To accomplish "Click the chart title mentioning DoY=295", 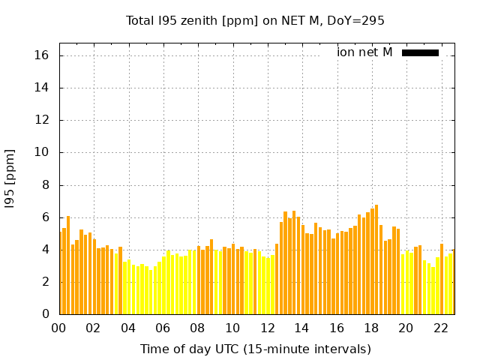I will pos(255,21).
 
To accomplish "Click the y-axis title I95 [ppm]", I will pos(10,178).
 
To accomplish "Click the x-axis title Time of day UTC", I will pos(255,349).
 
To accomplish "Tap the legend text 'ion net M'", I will pos(364,52).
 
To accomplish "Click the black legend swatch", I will pos(420,52).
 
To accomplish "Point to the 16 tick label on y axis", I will pos(42,55).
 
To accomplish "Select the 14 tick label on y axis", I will pos(42,88).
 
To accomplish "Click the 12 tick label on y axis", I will pos(42,120).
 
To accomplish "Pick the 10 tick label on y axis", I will pos(42,152).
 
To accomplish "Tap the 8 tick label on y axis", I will pos(45,185).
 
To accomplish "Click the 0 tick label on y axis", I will pos(45,314).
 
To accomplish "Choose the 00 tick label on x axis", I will pos(59,328).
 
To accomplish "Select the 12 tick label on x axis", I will pos(267,328).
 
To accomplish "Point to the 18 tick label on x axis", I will pos(371,328).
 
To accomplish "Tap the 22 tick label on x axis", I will pos(440,328).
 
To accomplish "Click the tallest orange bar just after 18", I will pos(376,259).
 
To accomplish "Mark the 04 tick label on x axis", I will pos(128,328).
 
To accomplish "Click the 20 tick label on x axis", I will pos(406,328).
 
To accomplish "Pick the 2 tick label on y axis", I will pos(45,282).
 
